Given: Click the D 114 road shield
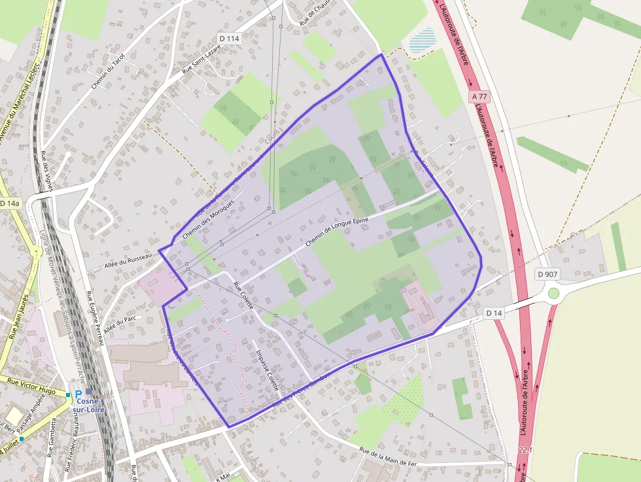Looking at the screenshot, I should tap(230, 39).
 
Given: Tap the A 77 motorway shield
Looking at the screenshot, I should tap(479, 95).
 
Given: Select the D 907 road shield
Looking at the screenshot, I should tap(549, 273).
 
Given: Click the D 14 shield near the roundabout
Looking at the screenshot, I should tap(495, 314).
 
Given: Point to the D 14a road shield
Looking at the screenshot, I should tap(10, 203).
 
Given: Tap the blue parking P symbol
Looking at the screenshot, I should tap(78, 395).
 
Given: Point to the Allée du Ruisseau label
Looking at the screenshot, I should tap(128, 262).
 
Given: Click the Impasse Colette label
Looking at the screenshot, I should tap(268, 370).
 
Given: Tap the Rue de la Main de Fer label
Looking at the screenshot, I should tap(388, 456).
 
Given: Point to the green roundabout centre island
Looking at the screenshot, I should tap(554, 293).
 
